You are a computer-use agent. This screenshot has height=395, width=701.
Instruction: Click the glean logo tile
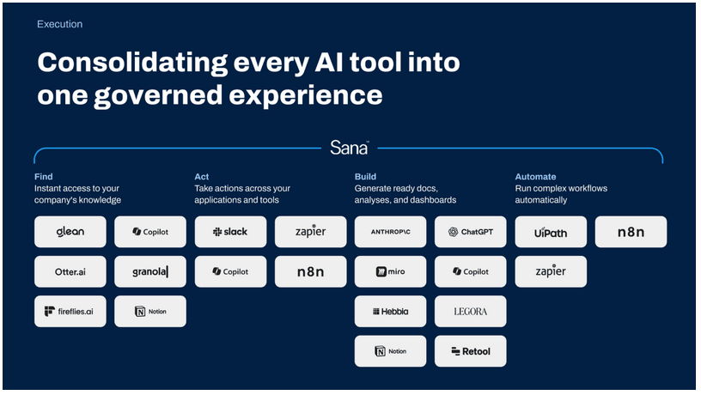[70, 232]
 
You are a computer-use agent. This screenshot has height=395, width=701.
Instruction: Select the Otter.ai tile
[70, 271]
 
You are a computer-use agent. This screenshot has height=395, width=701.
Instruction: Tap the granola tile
[150, 271]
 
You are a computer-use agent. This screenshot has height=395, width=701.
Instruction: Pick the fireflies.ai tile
[70, 312]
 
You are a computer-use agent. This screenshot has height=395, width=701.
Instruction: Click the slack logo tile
[230, 232]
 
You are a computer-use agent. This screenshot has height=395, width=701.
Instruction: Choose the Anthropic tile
[390, 232]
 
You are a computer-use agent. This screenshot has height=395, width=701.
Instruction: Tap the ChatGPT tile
[470, 232]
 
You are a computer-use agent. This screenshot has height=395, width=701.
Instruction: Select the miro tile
[390, 271]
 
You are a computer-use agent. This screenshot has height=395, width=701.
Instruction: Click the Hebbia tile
[390, 312]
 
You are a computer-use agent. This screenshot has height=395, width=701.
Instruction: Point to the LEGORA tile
[470, 312]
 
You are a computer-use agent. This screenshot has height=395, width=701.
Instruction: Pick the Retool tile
[470, 351]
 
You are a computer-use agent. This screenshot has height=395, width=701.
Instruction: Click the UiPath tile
[551, 232]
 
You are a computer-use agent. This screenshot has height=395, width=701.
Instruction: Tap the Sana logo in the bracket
[349, 148]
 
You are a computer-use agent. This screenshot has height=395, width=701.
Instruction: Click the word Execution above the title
[59, 24]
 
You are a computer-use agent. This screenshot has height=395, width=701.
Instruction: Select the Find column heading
[43, 177]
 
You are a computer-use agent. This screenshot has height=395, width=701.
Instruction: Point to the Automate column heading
[535, 177]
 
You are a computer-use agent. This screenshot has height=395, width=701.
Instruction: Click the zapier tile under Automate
[551, 271]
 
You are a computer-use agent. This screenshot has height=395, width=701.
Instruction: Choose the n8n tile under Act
[310, 271]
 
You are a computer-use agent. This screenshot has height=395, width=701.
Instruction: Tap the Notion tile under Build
[390, 351]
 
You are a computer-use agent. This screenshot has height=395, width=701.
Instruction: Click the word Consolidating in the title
[132, 63]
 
